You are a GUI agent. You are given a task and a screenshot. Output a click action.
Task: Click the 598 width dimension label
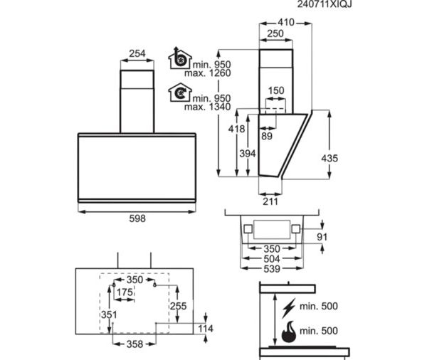(137, 218)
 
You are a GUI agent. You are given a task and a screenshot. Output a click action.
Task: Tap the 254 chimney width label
(137, 53)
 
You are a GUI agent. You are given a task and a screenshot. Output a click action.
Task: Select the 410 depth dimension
(286, 22)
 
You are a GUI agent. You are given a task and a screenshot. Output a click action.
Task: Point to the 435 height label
(330, 158)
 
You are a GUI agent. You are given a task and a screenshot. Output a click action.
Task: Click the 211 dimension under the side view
(270, 201)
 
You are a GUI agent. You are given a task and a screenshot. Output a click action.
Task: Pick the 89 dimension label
(267, 136)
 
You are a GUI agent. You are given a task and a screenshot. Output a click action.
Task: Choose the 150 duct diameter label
(276, 90)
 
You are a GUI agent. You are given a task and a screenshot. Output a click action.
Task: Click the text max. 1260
(208, 73)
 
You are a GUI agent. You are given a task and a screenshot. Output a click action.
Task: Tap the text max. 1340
(208, 107)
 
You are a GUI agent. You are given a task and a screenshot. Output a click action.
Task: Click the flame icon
(289, 332)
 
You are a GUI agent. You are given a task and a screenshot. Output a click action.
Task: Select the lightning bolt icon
(289, 308)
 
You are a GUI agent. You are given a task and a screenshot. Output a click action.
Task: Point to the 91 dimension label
(322, 237)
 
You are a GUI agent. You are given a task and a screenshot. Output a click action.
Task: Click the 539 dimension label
(272, 269)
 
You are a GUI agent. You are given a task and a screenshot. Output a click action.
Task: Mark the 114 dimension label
(206, 329)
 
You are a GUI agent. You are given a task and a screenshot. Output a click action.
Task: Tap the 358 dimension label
(135, 344)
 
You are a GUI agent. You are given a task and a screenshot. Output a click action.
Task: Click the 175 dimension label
(125, 292)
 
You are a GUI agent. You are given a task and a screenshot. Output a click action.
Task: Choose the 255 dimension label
(179, 306)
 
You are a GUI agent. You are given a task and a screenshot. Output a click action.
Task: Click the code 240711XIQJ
(325, 4)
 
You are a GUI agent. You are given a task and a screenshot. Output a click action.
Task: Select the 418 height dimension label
(236, 129)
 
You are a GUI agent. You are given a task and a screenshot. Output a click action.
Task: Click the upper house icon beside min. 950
(180, 58)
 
